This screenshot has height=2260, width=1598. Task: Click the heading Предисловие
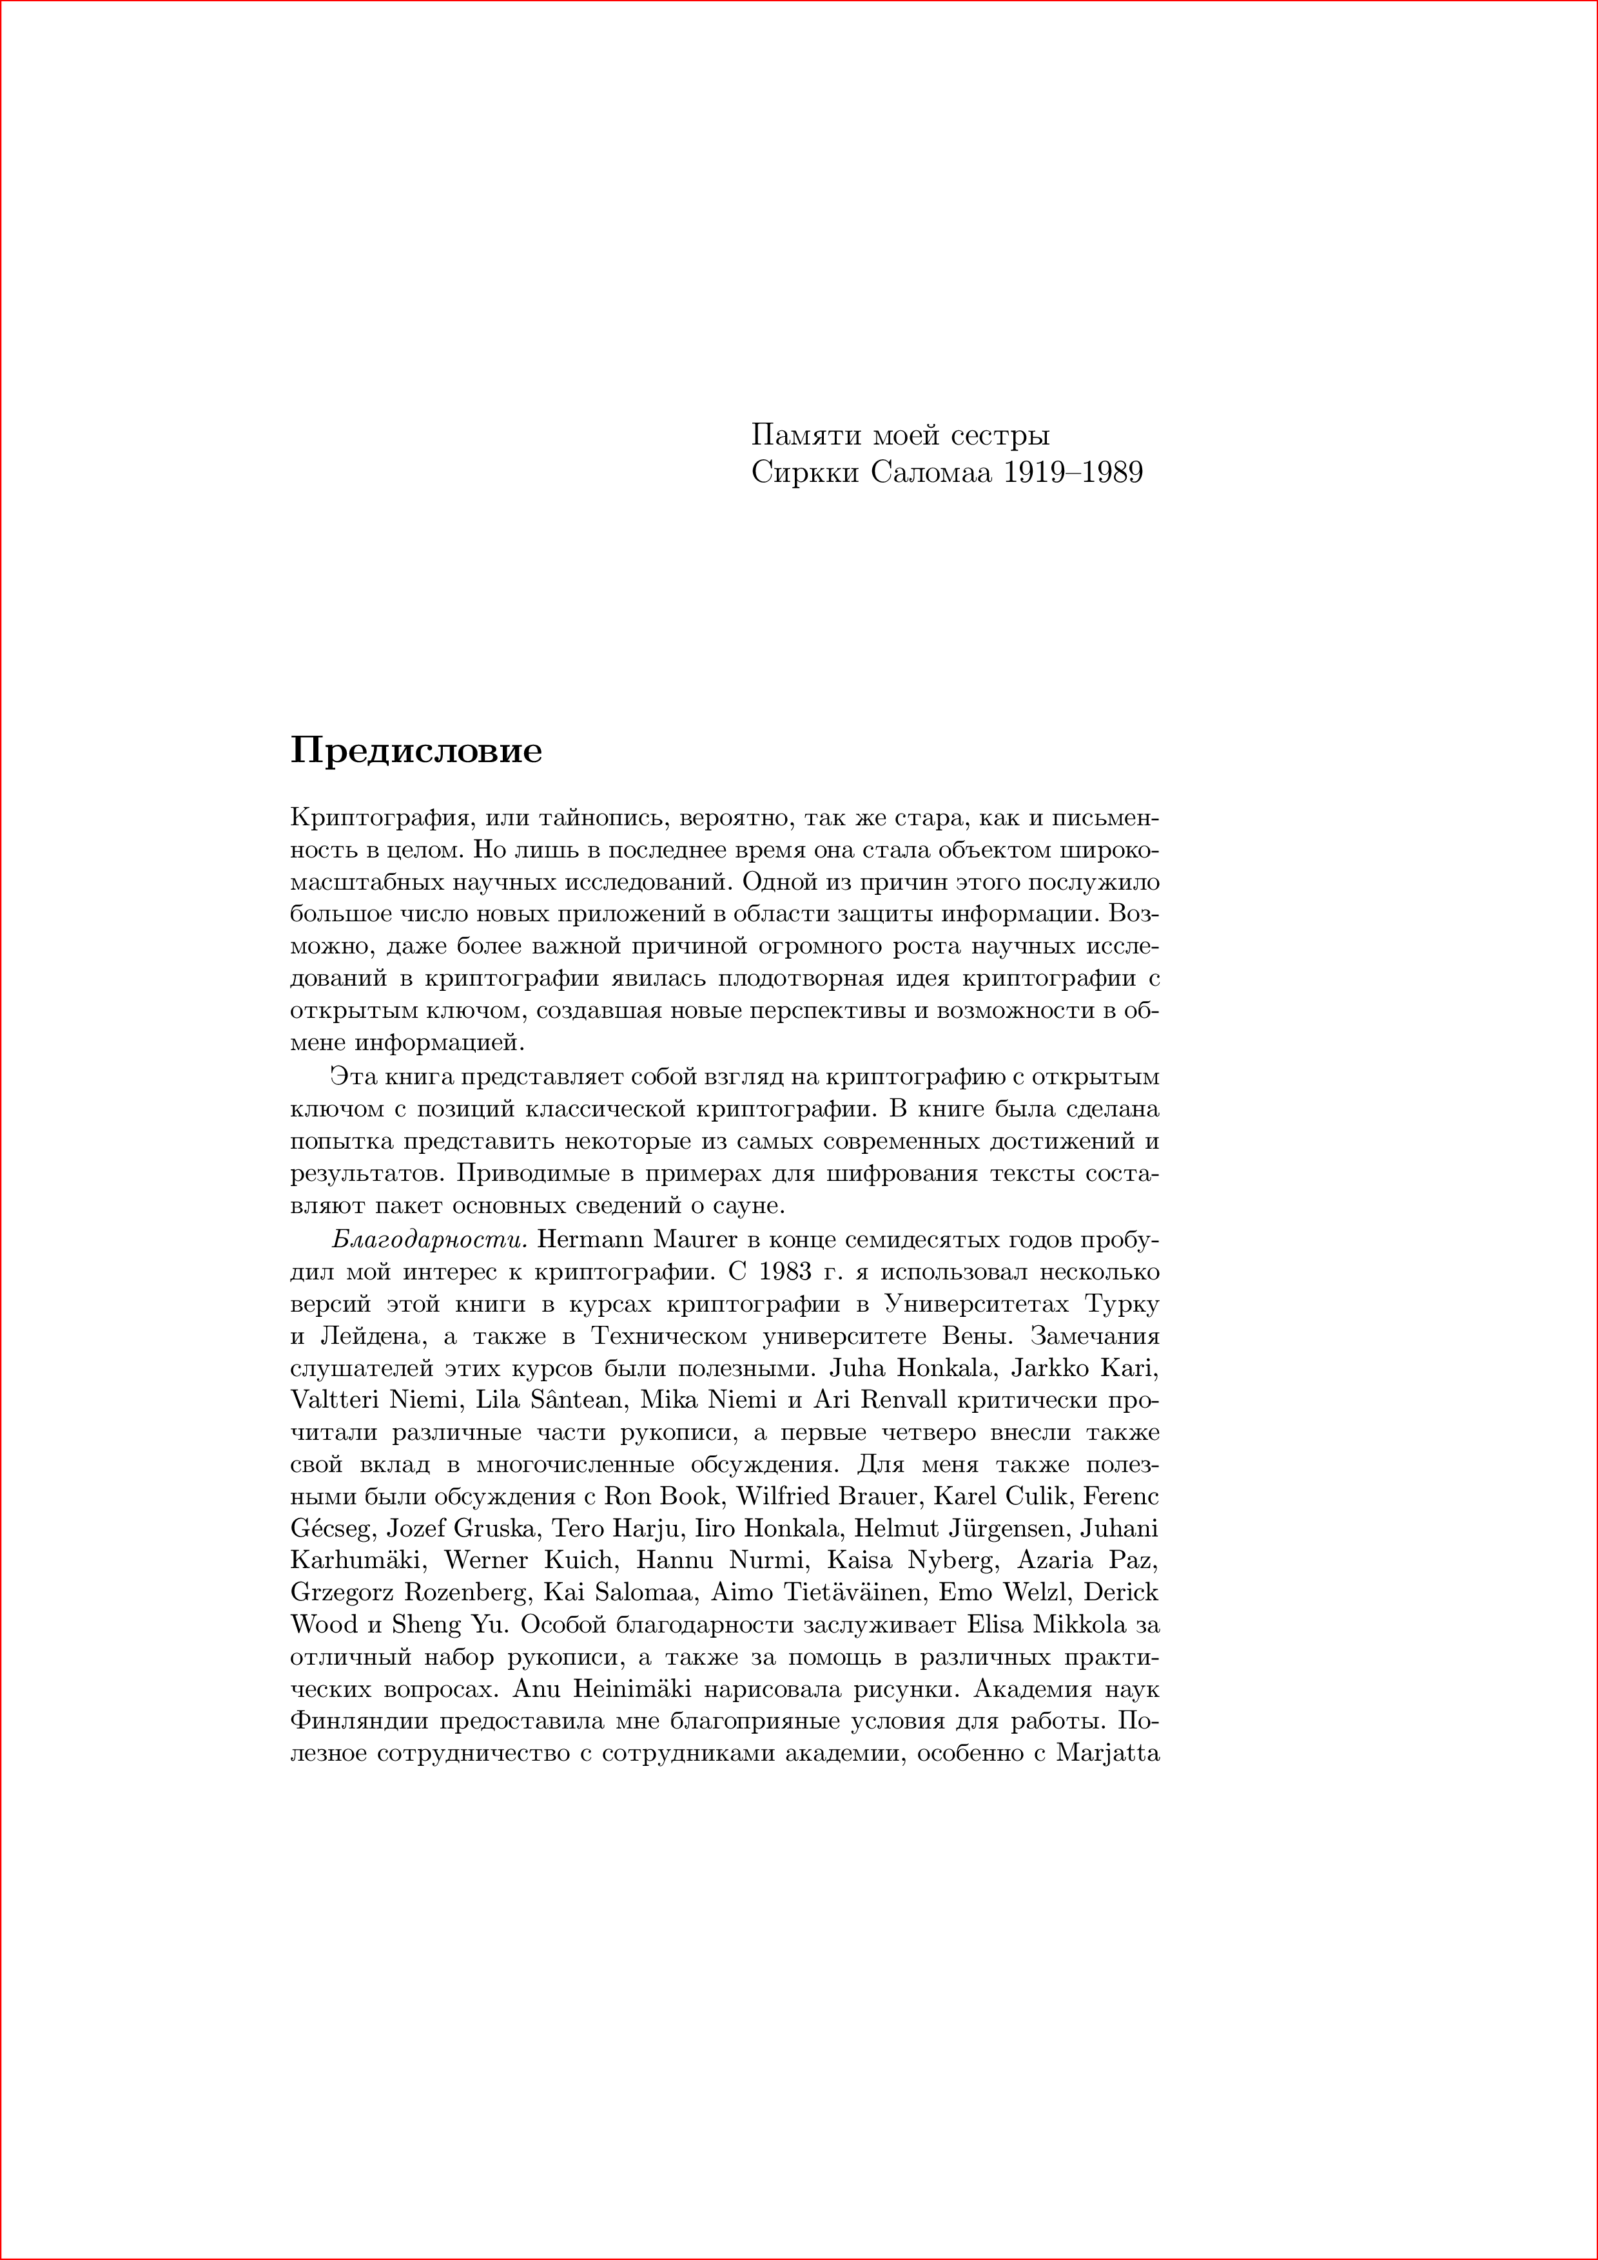click(416, 751)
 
